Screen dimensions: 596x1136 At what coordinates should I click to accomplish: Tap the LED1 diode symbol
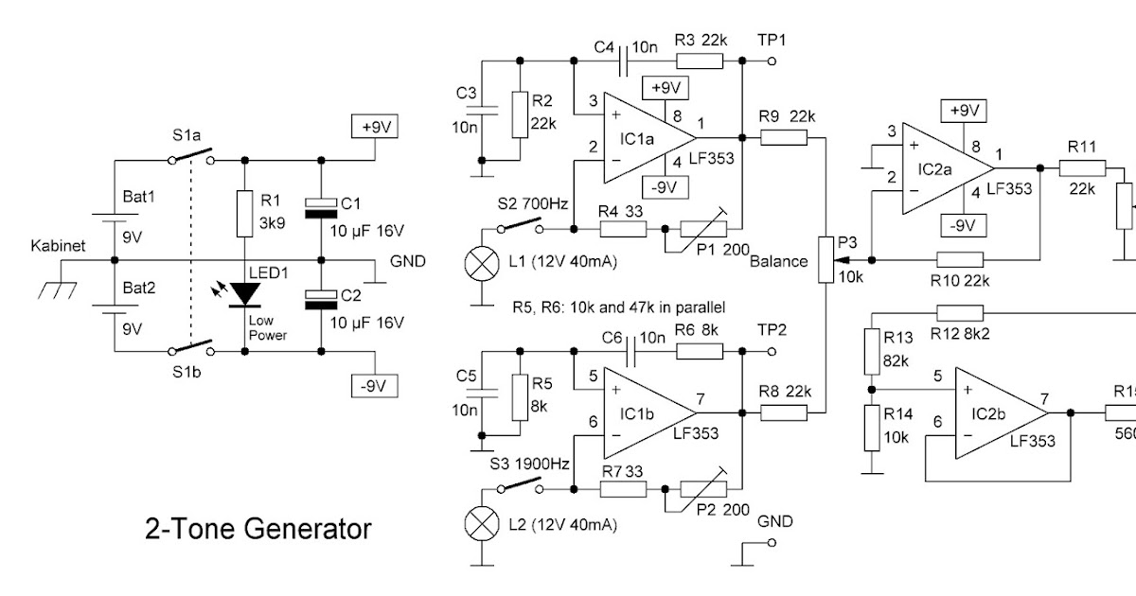point(246,294)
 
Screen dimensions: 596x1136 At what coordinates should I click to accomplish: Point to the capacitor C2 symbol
point(322,299)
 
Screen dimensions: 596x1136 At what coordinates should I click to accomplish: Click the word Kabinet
point(58,245)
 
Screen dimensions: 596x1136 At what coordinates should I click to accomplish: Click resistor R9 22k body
point(783,138)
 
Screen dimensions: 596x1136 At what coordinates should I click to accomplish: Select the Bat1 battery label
point(138,198)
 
